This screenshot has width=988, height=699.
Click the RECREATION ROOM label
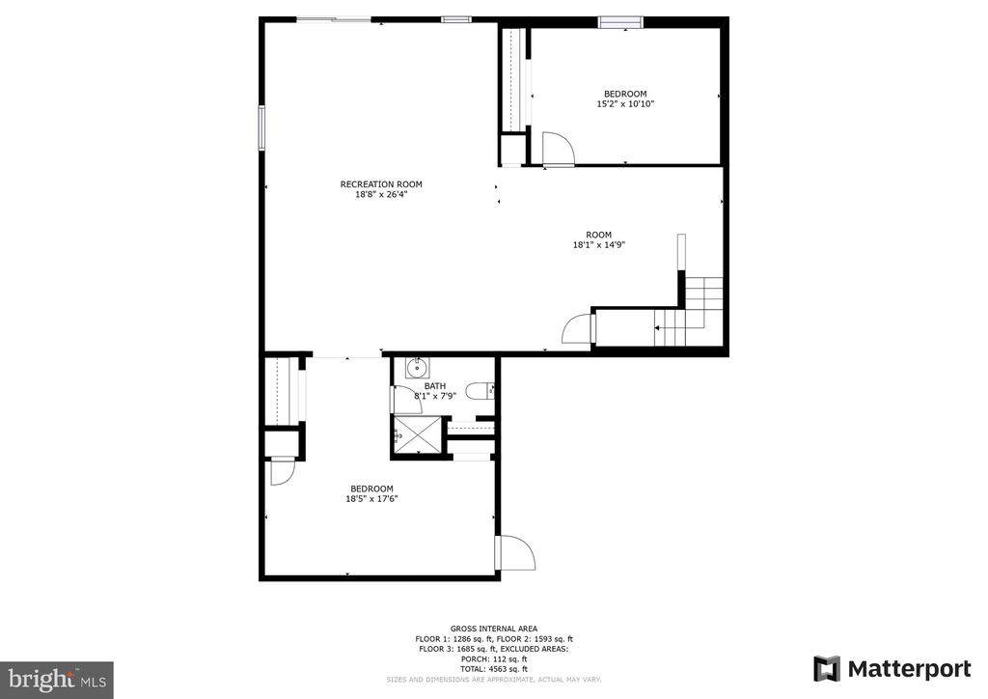pos(381,184)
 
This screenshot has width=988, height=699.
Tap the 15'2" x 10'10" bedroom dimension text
pos(625,104)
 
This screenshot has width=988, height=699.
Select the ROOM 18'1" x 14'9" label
pos(598,239)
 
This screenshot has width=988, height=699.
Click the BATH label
pos(435,386)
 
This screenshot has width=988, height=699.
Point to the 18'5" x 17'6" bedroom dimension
pos(371,498)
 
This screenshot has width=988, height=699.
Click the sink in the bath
pos(417,367)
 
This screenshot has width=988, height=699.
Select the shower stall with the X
pos(417,433)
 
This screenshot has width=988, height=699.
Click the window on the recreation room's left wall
pos(261,128)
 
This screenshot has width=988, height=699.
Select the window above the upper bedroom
pos(620,23)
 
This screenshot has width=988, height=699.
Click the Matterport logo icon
pos(827,669)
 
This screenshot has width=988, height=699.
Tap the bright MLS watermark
pos(57,680)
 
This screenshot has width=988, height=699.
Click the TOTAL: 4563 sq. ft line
pos(494,669)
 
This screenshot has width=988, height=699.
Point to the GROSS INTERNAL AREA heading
pos(494,629)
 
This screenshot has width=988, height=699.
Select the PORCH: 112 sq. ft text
pos(494,658)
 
